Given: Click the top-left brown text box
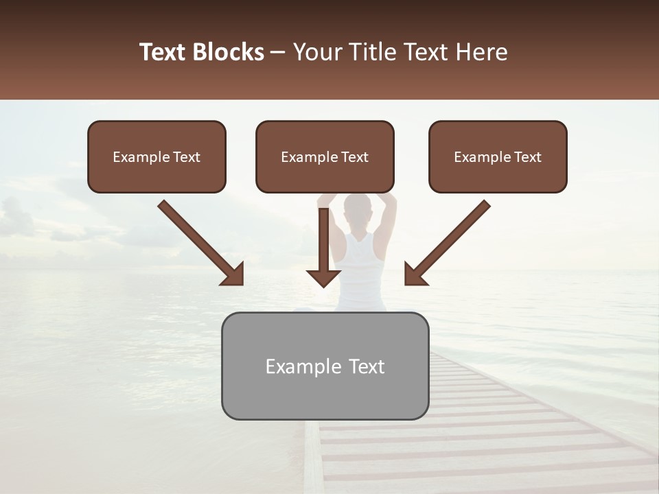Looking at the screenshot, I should click(x=157, y=156).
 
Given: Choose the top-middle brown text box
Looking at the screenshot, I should click(x=325, y=156).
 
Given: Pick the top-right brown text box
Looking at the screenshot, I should click(x=498, y=156).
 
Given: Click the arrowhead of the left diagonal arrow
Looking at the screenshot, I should click(x=233, y=274).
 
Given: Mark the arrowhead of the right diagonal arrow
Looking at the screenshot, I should click(x=415, y=274).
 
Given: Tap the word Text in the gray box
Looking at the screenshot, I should click(x=366, y=366).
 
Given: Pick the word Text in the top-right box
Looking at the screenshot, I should click(x=527, y=156).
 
